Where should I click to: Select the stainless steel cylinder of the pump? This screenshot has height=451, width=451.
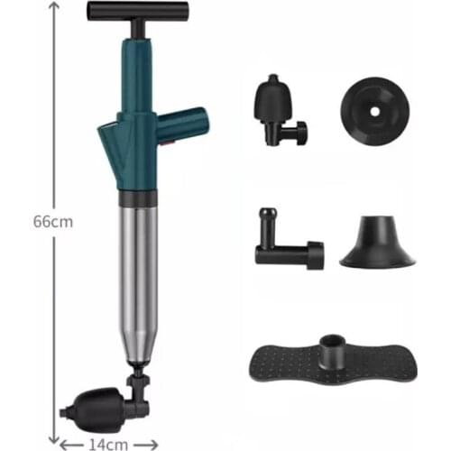click(x=138, y=280)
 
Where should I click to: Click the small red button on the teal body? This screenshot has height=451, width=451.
click(x=168, y=142)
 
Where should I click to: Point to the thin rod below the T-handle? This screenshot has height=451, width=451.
click(x=136, y=29)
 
